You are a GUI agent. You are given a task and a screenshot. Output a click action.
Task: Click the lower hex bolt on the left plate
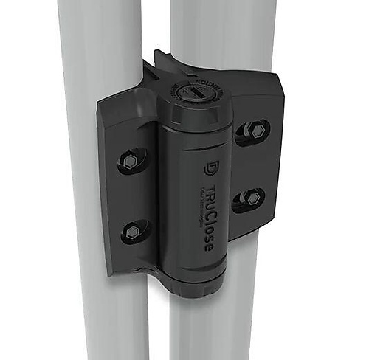point(133,232)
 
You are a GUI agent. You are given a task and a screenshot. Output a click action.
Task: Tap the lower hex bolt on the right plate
point(249,198)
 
